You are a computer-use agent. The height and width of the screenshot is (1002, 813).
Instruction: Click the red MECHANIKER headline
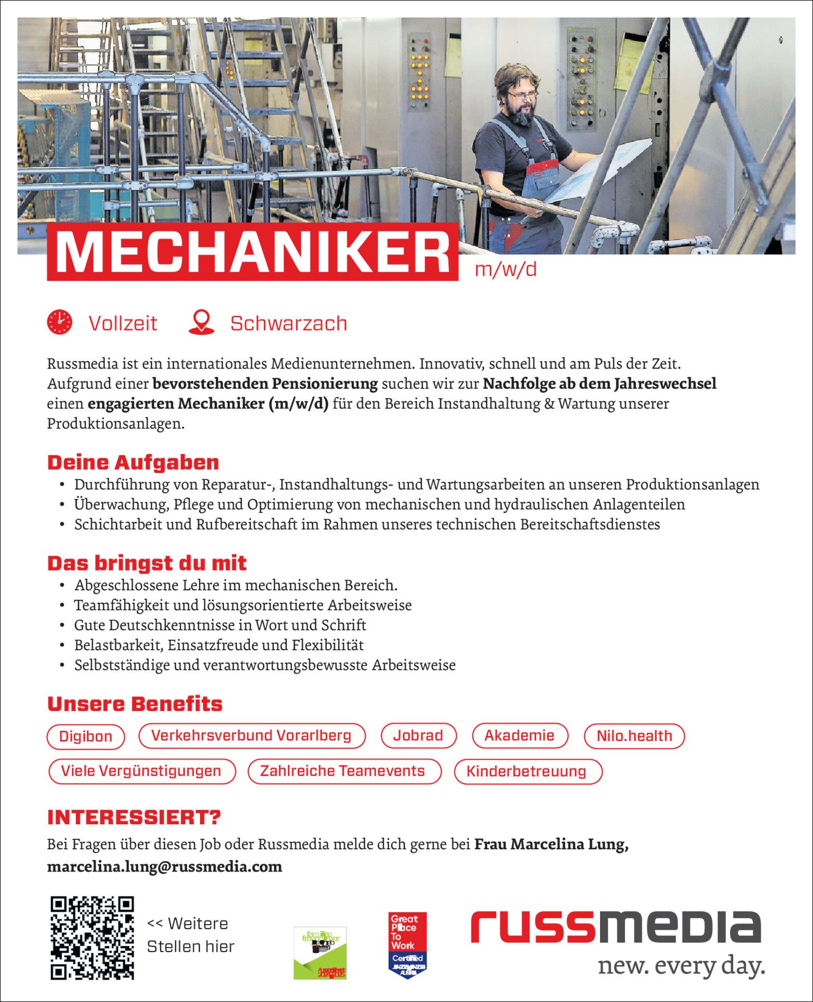(x=252, y=253)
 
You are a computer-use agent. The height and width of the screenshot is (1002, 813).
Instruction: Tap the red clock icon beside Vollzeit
(x=60, y=322)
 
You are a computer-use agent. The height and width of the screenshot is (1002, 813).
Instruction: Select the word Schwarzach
(x=289, y=323)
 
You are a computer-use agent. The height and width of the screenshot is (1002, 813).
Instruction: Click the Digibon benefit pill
(x=86, y=736)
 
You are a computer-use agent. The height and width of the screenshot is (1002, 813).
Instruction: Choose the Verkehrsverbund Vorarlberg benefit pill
(x=251, y=735)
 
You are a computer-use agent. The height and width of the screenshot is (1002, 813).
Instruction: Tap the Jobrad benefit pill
(x=418, y=735)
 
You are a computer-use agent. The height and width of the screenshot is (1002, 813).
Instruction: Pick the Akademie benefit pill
(x=519, y=735)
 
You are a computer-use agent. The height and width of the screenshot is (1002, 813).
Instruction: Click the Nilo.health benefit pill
(x=634, y=736)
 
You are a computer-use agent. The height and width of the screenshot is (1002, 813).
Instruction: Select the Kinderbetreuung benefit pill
(x=527, y=771)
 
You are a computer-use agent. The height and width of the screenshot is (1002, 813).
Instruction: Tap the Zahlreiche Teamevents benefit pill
(x=343, y=771)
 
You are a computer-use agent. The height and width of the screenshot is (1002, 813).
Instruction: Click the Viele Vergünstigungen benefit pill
(x=141, y=771)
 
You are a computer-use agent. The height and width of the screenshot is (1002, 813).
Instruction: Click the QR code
(x=92, y=938)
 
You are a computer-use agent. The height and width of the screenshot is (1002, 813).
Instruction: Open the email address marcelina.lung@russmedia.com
(x=165, y=866)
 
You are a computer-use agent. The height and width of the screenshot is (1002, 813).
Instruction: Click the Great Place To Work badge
(x=408, y=945)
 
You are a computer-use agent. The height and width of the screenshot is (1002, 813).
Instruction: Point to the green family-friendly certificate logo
(x=320, y=953)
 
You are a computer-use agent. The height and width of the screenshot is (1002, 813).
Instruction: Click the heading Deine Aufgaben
(x=133, y=462)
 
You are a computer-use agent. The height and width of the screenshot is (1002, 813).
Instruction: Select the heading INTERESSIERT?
(x=134, y=817)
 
